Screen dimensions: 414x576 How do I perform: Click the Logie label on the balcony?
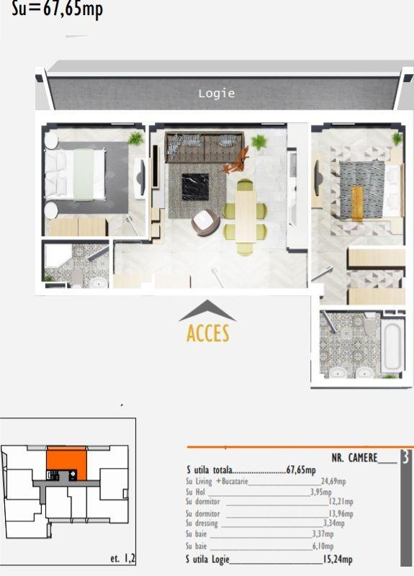tap(217, 94)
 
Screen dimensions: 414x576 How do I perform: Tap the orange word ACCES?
tap(208, 333)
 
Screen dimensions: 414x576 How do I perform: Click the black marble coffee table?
tap(195, 186)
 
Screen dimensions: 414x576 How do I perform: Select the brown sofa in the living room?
tap(204, 147)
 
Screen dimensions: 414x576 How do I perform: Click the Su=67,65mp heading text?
tap(57, 9)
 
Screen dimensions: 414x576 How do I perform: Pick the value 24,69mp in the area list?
tap(333, 480)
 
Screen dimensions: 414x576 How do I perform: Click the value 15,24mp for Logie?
tap(338, 559)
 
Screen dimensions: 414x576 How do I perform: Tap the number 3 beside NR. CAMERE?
tap(405, 458)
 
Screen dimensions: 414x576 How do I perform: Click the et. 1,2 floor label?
tap(122, 559)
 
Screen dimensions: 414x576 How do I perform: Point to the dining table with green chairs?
tap(245, 217)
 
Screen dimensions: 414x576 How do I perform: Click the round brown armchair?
tap(205, 222)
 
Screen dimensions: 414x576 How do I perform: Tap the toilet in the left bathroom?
tap(78, 277)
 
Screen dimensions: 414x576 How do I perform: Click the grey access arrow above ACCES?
tap(207, 311)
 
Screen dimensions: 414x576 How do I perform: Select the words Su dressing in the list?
tap(202, 523)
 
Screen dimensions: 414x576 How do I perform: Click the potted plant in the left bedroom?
tap(135, 138)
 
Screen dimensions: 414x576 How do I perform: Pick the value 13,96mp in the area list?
tap(341, 513)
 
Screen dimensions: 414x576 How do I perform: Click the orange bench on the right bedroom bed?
tap(357, 204)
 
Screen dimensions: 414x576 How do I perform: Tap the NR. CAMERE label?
tap(354, 458)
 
